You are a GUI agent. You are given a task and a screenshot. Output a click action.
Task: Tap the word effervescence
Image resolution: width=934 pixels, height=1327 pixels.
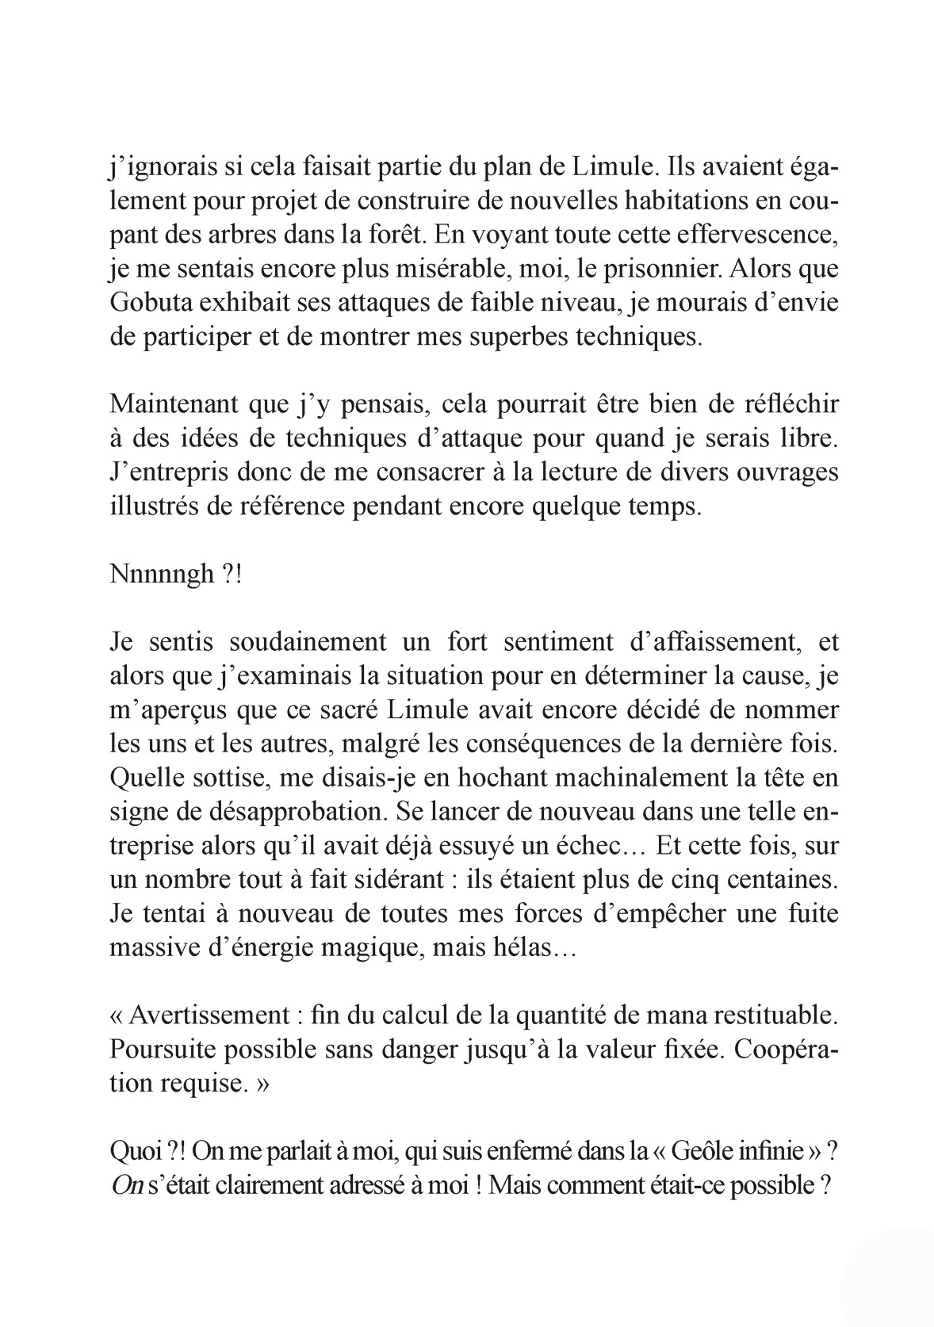coord(754,235)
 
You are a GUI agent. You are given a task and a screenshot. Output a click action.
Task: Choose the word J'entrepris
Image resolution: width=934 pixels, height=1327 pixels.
coord(170,473)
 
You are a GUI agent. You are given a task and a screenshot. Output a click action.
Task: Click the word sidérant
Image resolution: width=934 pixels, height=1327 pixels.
coord(401,881)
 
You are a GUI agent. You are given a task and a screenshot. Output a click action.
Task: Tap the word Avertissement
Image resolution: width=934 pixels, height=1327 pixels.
coord(208,1015)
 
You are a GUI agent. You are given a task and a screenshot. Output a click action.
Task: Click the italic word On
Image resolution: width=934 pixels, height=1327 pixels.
coord(123,1185)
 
